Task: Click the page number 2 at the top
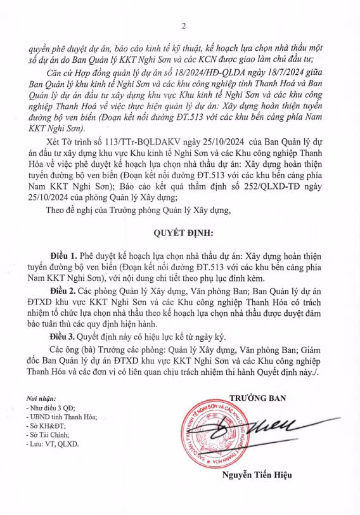[x=183, y=26]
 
